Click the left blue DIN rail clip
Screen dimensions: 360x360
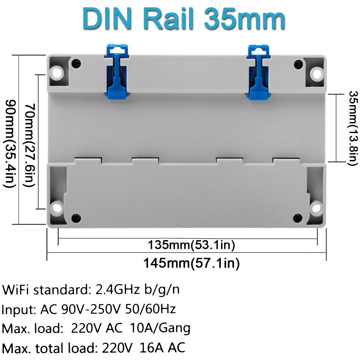point(117,72)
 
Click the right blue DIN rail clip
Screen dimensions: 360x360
point(258,72)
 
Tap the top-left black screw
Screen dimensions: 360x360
point(76,63)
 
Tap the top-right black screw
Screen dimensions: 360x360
point(298,63)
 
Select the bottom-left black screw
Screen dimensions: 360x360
point(76,218)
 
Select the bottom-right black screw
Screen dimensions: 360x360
point(298,218)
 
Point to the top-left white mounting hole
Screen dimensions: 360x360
point(57,73)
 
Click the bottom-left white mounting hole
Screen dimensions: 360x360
point(57,208)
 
